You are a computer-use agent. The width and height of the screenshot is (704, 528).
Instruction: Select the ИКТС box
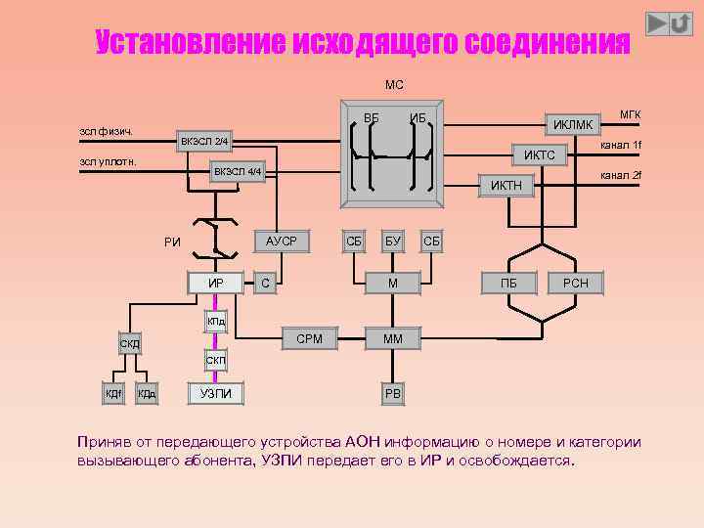tap(539, 155)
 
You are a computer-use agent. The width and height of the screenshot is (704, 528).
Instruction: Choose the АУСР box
tap(282, 241)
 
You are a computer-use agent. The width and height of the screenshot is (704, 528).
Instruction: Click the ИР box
tap(216, 284)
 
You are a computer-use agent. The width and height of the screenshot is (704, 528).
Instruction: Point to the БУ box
tap(392, 241)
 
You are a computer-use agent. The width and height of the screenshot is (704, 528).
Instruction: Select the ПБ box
tap(508, 284)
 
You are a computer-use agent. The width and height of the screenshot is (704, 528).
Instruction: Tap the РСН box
tap(576, 284)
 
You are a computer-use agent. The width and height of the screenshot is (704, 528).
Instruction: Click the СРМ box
tap(309, 339)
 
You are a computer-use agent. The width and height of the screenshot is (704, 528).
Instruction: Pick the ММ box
tap(392, 339)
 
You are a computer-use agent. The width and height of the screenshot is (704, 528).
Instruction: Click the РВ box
tap(392, 394)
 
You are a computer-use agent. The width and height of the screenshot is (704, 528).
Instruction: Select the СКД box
tap(129, 344)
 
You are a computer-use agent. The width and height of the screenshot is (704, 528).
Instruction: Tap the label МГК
tap(630, 114)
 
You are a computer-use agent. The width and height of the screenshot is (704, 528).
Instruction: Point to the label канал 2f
tap(621, 175)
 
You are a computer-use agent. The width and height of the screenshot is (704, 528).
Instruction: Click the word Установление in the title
tap(187, 42)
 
